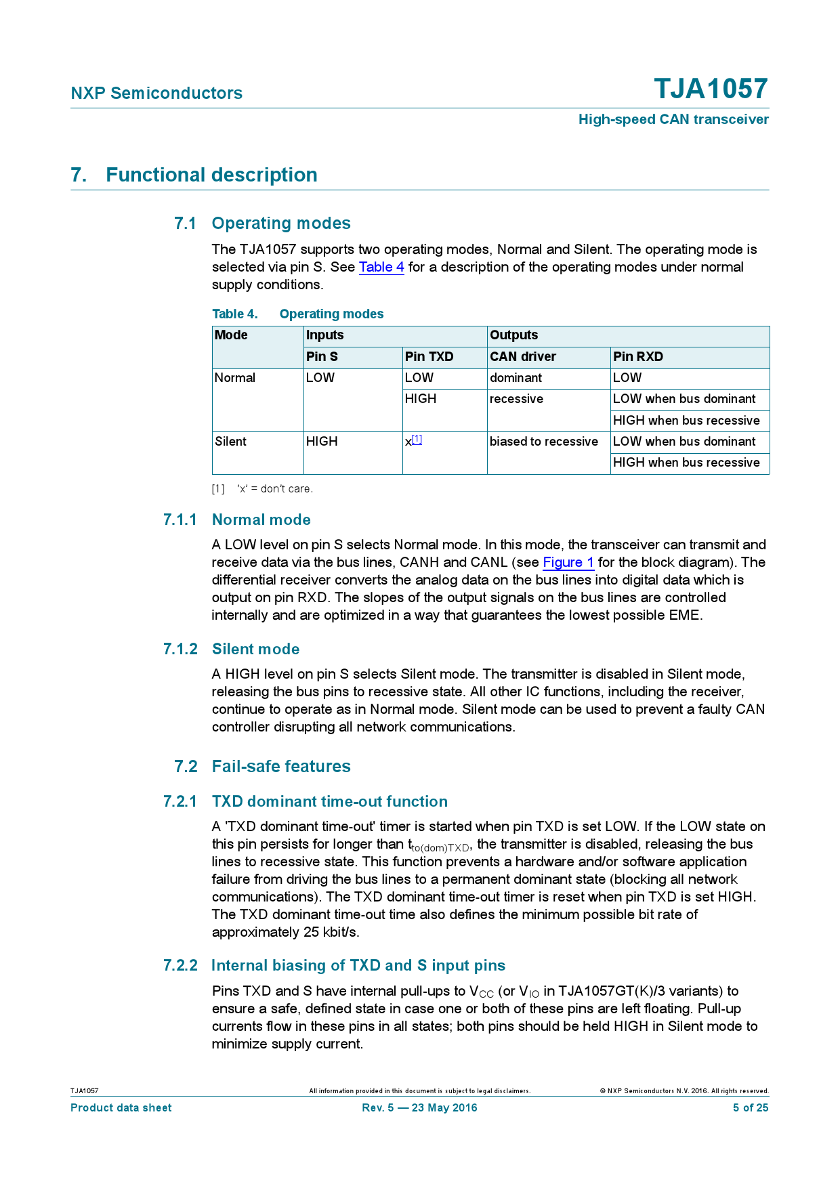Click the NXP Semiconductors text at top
click(156, 93)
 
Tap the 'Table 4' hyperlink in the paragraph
click(381, 267)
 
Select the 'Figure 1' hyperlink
click(568, 562)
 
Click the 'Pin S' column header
click(322, 357)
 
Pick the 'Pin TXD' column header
click(429, 357)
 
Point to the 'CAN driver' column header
click(522, 357)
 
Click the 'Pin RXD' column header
click(637, 357)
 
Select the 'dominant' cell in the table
click(516, 378)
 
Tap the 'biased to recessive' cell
click(544, 442)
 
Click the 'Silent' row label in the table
click(230, 442)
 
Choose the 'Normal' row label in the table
click(234, 378)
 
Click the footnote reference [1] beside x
click(417, 440)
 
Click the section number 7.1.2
click(180, 649)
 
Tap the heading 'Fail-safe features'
click(281, 766)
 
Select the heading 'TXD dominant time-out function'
click(330, 801)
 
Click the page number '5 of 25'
click(751, 1107)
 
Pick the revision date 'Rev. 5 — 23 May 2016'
click(419, 1107)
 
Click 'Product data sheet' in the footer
click(121, 1107)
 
